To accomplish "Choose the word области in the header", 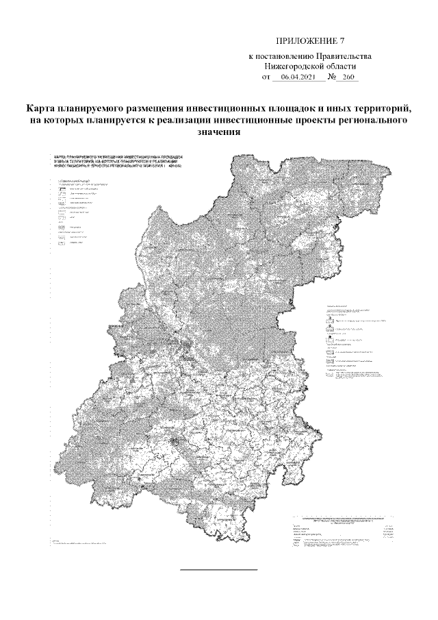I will click(x=340, y=67).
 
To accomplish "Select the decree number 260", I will click(x=348, y=78).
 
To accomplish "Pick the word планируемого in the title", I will click(x=90, y=109).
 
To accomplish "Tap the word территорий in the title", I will click(x=378, y=109).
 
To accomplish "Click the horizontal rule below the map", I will click(x=218, y=570).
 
